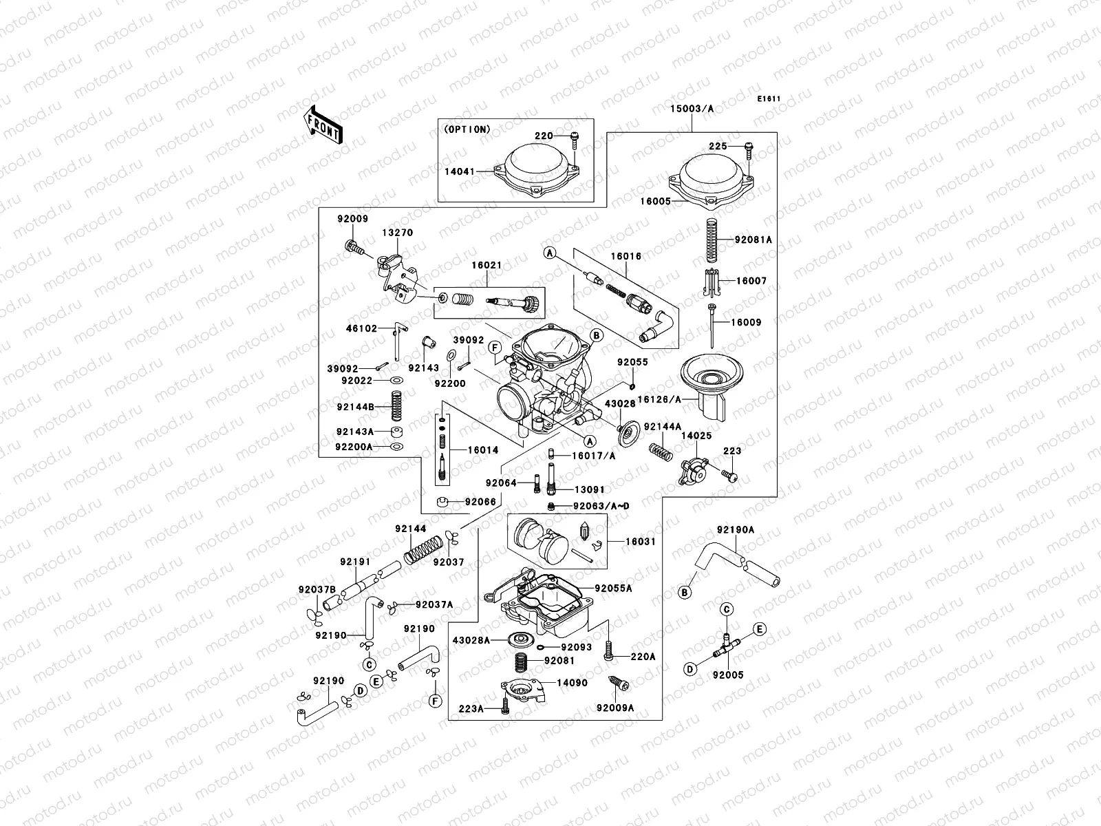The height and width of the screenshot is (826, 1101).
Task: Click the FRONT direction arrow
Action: pos(323,124)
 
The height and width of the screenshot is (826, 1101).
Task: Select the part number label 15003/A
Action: pos(692,108)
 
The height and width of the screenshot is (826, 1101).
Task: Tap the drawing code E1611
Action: pos(769,99)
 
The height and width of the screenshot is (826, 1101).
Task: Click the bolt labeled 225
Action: pos(748,147)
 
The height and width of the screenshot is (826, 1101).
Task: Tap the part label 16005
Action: pos(656,202)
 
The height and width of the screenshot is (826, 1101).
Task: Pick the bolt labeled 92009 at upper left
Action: pos(352,246)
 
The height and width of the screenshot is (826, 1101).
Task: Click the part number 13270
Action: pos(398,233)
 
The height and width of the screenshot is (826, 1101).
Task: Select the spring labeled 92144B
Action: pos(396,407)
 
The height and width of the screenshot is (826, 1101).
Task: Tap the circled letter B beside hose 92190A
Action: pos(685,592)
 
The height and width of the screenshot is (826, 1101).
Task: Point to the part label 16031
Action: pos(640,542)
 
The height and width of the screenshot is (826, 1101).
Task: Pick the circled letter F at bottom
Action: pos(435,701)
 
